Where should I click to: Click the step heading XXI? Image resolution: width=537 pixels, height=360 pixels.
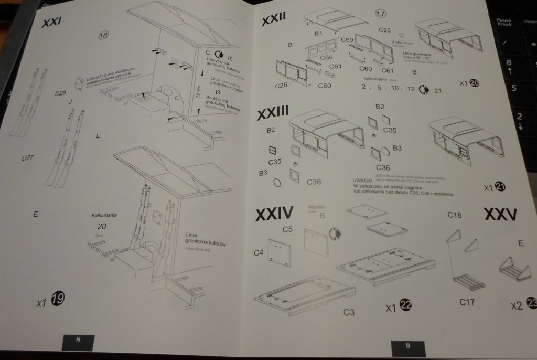tap(52, 24)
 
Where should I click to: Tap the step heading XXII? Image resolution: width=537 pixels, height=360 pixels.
tap(274, 21)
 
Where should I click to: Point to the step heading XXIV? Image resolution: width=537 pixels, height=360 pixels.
tap(274, 214)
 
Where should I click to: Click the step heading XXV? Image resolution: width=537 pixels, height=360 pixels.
tap(499, 215)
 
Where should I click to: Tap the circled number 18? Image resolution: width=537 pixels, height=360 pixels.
tap(103, 35)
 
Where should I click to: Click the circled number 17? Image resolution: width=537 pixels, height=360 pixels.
tap(381, 14)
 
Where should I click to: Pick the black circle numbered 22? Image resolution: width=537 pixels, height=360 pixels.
tap(405, 305)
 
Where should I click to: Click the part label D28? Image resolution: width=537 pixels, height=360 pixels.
tap(61, 92)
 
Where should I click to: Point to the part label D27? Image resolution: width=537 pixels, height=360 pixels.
tap(28, 158)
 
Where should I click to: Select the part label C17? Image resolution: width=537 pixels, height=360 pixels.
tap(467, 302)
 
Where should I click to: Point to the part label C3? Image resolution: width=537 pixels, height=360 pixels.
tap(349, 312)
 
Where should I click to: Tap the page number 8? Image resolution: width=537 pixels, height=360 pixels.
tap(78, 340)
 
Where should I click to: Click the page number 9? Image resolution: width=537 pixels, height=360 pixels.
tap(407, 345)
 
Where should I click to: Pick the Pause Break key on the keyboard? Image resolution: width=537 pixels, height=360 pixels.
tap(504, 22)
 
